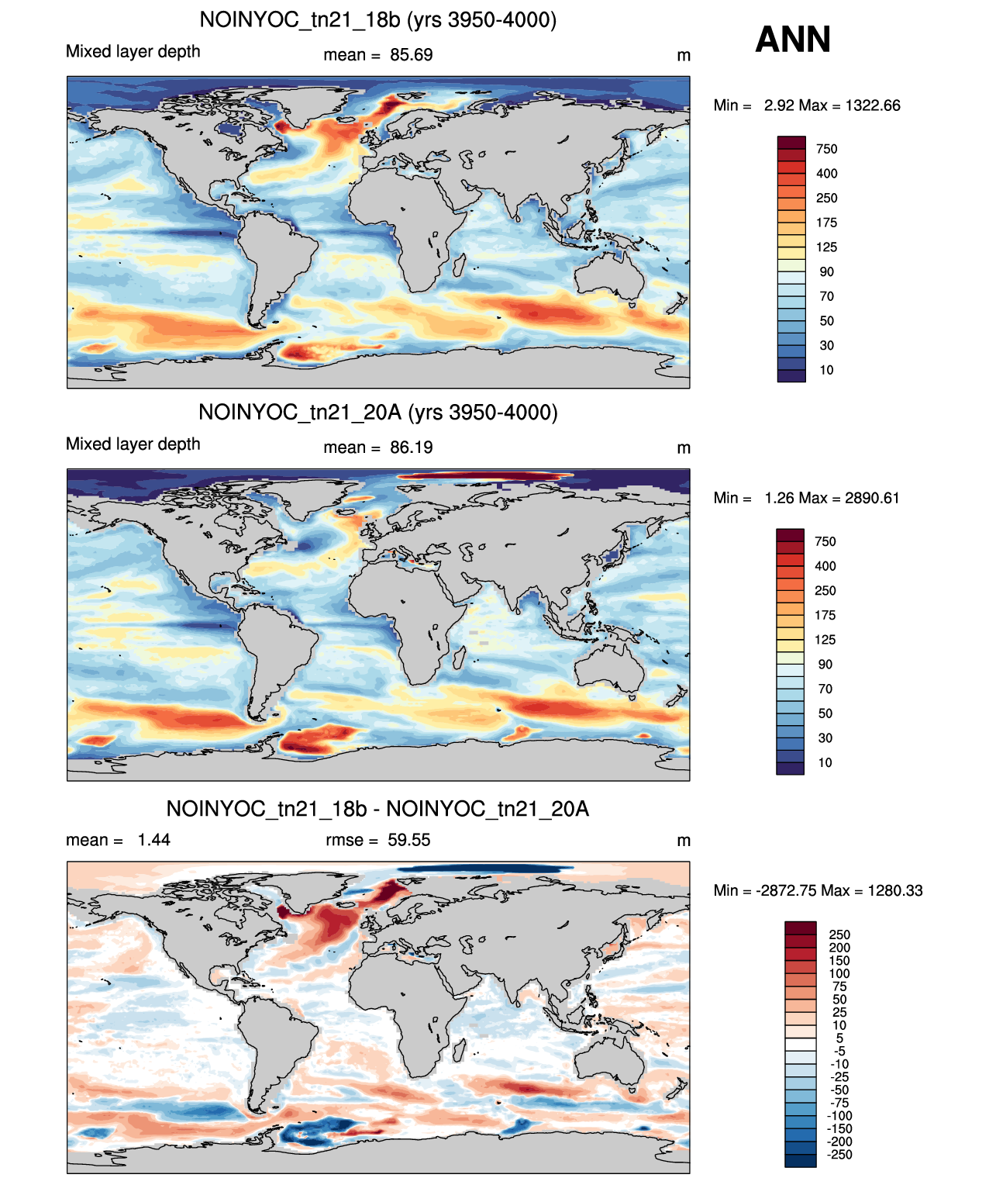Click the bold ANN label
pyautogui.click(x=792, y=40)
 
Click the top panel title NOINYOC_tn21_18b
pyautogui.click(x=299, y=20)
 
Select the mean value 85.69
pyautogui.click(x=411, y=55)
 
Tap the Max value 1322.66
pyautogui.click(x=873, y=105)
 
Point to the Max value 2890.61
pyautogui.click(x=872, y=498)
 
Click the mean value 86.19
pyautogui.click(x=411, y=447)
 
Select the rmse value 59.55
pyautogui.click(x=409, y=840)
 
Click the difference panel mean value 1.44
pyautogui.click(x=153, y=840)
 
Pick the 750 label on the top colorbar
pyautogui.click(x=826, y=150)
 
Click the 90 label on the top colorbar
pyautogui.click(x=826, y=272)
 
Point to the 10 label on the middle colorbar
pyautogui.click(x=825, y=762)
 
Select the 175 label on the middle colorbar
pyautogui.click(x=825, y=615)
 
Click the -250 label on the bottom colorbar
pyautogui.click(x=839, y=1155)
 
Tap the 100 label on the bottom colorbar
pyautogui.click(x=839, y=973)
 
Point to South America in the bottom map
pyautogui.click(x=274, y=1043)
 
